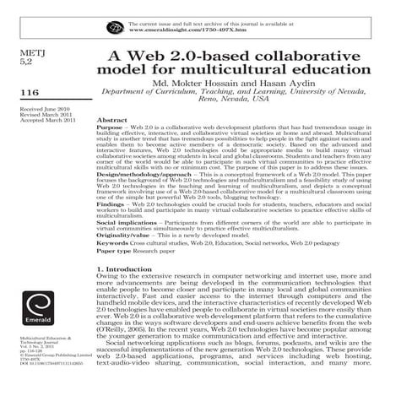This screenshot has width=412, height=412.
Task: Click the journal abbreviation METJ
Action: click(x=30, y=52)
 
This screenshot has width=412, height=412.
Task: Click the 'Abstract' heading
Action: click(x=112, y=122)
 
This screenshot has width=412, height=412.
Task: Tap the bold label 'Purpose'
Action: click(x=111, y=129)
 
